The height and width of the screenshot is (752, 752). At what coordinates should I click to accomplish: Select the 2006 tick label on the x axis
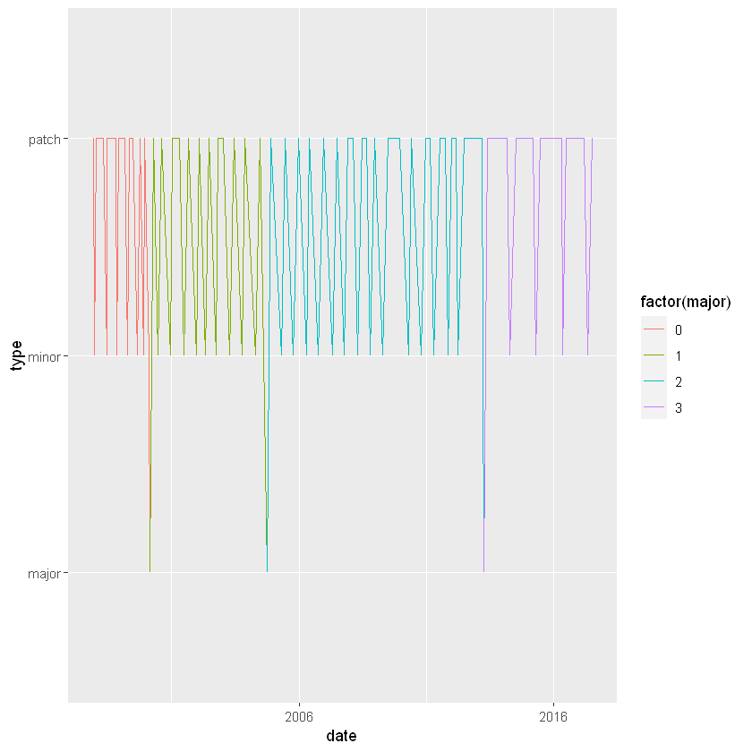click(x=299, y=717)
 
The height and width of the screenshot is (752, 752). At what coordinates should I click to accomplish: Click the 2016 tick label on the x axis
click(x=553, y=717)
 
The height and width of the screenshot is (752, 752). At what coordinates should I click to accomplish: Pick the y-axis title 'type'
click(x=15, y=355)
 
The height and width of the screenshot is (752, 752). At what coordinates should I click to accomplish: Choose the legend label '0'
click(x=679, y=329)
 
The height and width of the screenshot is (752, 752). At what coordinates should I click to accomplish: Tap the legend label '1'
click(x=679, y=355)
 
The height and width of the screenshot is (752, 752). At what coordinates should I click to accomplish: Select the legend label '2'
click(x=679, y=382)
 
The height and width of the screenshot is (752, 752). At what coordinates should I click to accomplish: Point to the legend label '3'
click(x=679, y=408)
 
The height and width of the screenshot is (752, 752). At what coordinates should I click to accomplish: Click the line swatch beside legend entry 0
click(x=654, y=329)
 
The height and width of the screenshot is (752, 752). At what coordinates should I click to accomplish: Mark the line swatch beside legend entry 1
click(x=654, y=355)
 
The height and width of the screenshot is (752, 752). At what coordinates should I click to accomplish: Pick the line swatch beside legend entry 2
click(x=654, y=382)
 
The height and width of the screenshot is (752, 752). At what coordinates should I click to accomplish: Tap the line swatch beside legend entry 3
click(x=654, y=408)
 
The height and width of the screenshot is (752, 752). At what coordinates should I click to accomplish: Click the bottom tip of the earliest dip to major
click(x=150, y=571)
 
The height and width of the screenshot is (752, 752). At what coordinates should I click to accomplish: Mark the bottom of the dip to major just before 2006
click(x=267, y=571)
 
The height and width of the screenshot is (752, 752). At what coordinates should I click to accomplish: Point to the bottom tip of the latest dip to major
click(x=483, y=571)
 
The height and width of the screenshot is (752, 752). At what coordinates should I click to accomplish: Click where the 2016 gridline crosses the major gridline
click(x=553, y=573)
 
